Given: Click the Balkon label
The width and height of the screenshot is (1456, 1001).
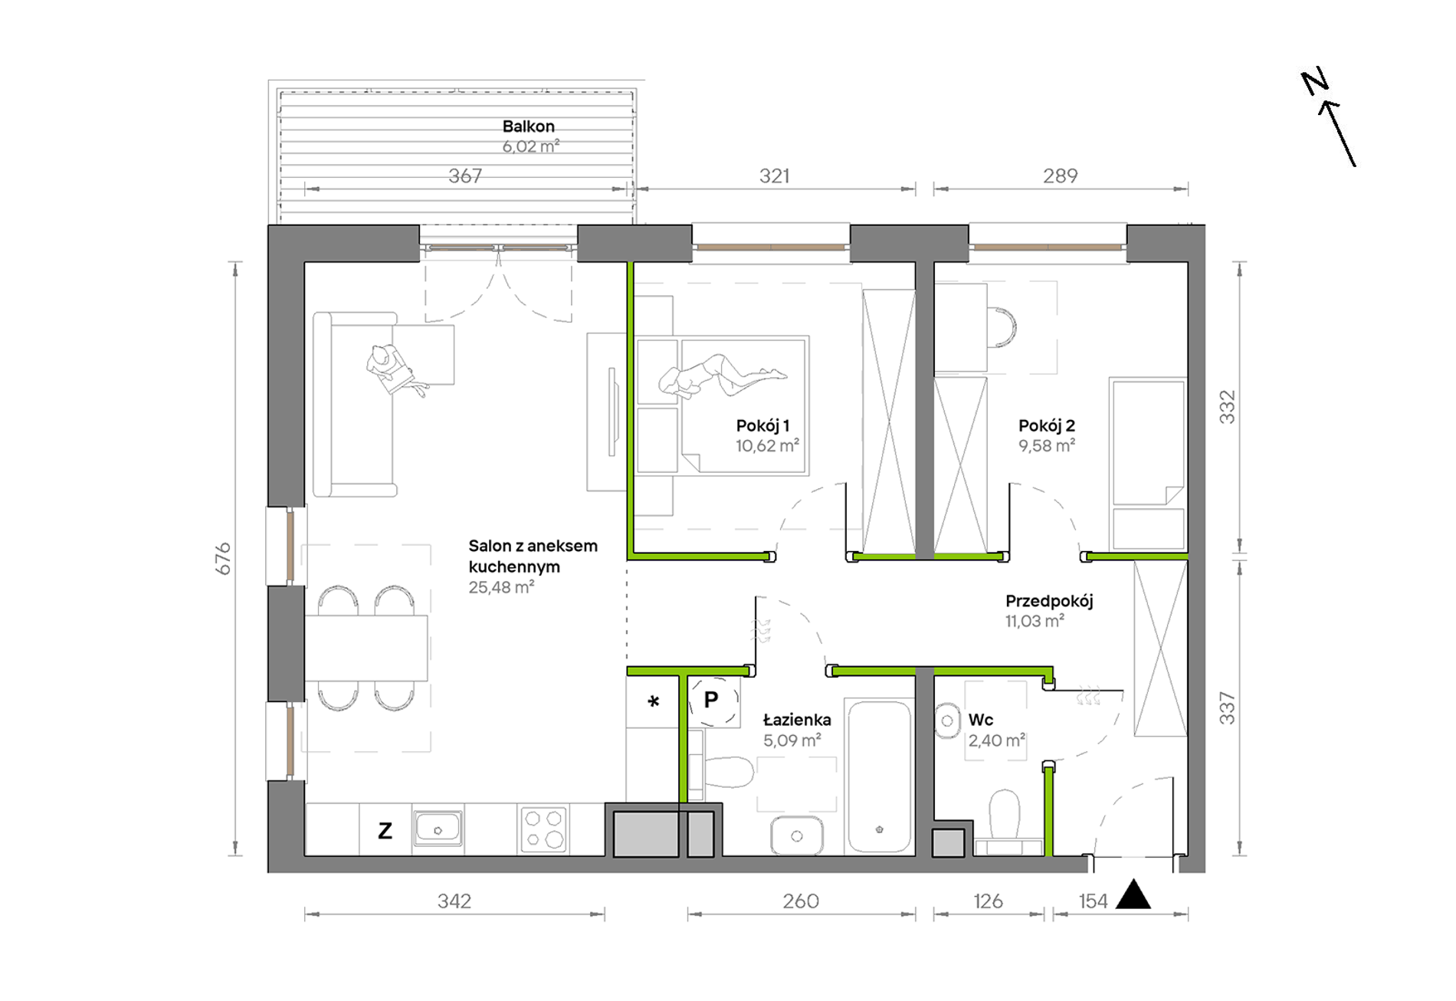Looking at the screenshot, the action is point(528,126).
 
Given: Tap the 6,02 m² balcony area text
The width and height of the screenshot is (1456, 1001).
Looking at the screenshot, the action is point(530,146).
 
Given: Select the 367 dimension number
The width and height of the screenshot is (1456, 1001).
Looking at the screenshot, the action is point(465,176).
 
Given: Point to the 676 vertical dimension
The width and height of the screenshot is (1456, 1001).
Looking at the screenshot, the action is point(222,558).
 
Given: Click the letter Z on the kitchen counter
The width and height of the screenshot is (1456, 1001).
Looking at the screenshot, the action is point(385,830).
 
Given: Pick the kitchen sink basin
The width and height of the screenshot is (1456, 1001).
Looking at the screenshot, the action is point(438,828).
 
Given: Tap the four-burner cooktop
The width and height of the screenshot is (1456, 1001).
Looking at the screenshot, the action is point(543,829).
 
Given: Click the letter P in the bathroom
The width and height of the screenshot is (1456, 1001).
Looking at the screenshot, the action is point(711,699).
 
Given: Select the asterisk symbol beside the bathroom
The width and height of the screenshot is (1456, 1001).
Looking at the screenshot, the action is point(654,701).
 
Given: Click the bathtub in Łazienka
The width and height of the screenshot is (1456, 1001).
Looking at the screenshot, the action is point(880,776).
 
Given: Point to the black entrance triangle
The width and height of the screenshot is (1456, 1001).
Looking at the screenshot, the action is point(1133,895).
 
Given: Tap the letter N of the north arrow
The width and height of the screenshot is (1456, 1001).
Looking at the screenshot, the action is point(1315,82).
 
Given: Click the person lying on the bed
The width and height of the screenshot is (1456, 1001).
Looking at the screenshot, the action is point(721,376).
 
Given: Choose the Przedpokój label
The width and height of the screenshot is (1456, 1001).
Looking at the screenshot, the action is point(1049,602).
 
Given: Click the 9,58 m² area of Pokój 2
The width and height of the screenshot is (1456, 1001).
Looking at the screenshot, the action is point(1047,445).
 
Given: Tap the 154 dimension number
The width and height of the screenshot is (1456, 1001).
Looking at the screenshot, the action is point(1093,901).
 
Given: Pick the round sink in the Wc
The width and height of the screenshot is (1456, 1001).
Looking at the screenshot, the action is point(947,721).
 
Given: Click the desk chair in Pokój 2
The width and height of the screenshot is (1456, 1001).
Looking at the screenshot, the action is point(1002,327).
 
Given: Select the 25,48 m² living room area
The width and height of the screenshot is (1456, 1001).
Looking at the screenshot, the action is point(501,587).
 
